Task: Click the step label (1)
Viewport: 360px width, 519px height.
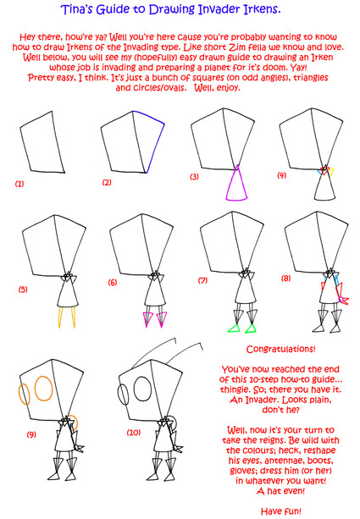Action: click(x=19, y=184)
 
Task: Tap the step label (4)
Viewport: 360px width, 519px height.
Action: click(x=281, y=175)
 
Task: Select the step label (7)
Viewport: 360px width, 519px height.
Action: click(x=202, y=281)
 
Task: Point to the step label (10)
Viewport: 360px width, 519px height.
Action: click(x=134, y=433)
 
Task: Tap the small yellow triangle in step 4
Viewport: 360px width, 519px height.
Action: click(x=330, y=172)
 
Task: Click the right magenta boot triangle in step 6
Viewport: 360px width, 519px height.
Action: click(x=162, y=319)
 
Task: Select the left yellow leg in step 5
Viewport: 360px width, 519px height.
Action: click(x=60, y=317)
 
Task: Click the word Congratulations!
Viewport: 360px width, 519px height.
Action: click(x=281, y=349)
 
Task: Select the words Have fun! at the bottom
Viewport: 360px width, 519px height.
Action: click(x=281, y=511)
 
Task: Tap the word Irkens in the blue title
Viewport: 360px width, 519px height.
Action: click(x=262, y=9)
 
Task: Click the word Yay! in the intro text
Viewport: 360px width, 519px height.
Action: click(x=299, y=68)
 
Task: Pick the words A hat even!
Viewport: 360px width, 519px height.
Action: click(x=281, y=491)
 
